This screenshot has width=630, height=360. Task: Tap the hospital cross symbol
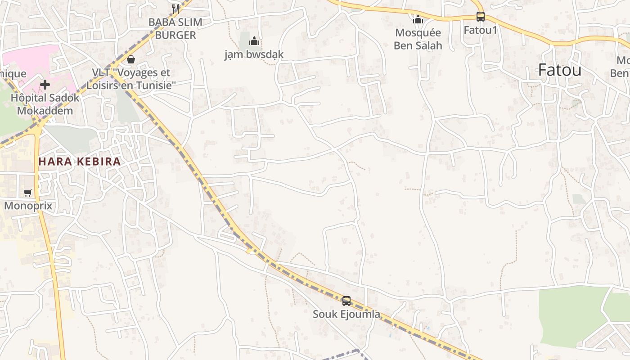(45, 84)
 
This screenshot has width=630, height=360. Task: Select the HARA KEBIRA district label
(80, 162)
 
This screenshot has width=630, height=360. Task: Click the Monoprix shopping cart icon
(28, 193)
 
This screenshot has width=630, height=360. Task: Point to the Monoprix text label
(28, 206)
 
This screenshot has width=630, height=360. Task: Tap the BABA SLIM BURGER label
(175, 28)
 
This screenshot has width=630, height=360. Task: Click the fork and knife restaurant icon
(175, 9)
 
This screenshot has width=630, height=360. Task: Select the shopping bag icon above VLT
(131, 59)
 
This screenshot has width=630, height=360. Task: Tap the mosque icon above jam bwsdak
(254, 41)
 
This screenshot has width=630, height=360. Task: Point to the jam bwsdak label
(254, 55)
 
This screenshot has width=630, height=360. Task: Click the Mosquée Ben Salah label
(418, 39)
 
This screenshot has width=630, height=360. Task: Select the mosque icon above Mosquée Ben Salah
(418, 19)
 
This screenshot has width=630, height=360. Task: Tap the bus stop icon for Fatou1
(481, 17)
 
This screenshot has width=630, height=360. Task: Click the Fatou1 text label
(481, 30)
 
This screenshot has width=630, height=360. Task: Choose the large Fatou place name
(560, 70)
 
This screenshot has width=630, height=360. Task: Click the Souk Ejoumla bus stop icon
(346, 301)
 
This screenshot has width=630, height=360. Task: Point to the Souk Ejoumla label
(346, 314)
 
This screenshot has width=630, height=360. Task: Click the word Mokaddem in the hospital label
(45, 110)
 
